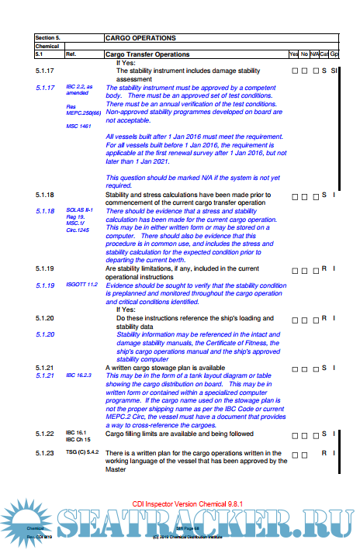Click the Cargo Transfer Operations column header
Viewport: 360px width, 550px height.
coord(147,54)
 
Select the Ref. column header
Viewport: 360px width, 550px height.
coord(71,54)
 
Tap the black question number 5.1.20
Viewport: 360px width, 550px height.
coord(44,318)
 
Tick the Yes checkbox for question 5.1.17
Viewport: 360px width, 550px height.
coord(294,71)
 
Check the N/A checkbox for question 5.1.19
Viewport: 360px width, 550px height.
coord(313,269)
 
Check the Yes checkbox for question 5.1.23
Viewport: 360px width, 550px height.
coord(294,453)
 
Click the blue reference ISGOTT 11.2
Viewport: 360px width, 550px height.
coord(81,285)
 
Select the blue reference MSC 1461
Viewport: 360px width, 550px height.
coord(78,125)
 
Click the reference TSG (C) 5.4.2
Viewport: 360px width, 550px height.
coord(82,452)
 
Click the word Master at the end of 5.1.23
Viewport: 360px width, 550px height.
coord(117,469)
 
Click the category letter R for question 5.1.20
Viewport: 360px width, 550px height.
coord(324,318)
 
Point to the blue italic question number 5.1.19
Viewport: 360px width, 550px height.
coord(44,285)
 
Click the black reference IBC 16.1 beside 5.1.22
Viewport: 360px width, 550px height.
coord(75,432)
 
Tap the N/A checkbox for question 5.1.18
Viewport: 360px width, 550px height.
coord(313,195)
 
